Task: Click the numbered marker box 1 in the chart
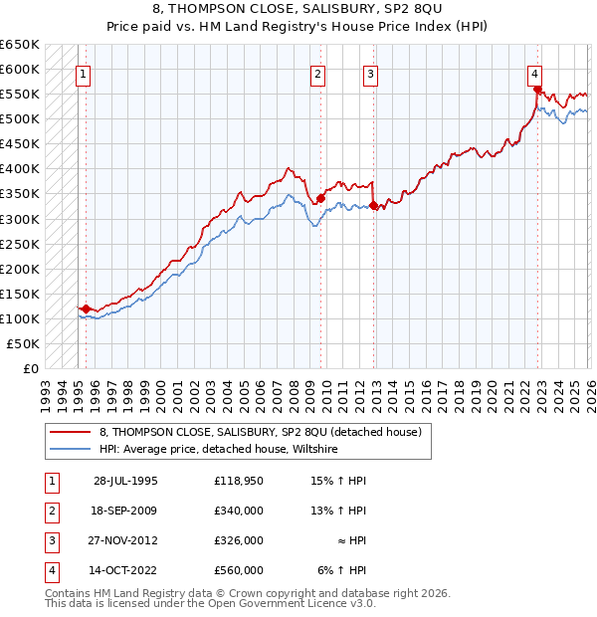[84, 73]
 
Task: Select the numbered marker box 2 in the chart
[317, 73]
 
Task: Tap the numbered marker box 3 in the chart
[370, 73]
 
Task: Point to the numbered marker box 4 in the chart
[534, 73]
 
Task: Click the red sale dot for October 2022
[537, 90]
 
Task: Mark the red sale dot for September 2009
[321, 199]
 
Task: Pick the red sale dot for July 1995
[87, 308]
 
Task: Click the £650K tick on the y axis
[20, 45]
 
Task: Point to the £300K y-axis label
[20, 219]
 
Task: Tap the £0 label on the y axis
[30, 368]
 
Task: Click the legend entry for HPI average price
[219, 450]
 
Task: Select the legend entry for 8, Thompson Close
[261, 432]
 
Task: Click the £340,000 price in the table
[238, 511]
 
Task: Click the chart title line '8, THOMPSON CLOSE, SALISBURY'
[298, 9]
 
